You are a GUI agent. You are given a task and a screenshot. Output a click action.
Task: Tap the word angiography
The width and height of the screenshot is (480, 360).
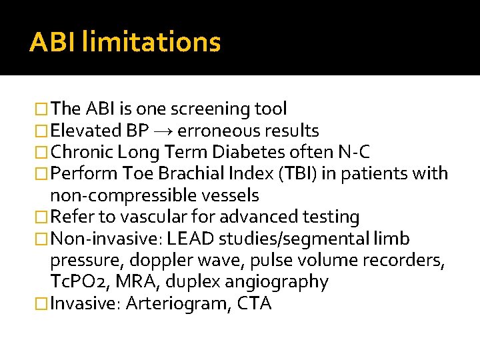[283, 282]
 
